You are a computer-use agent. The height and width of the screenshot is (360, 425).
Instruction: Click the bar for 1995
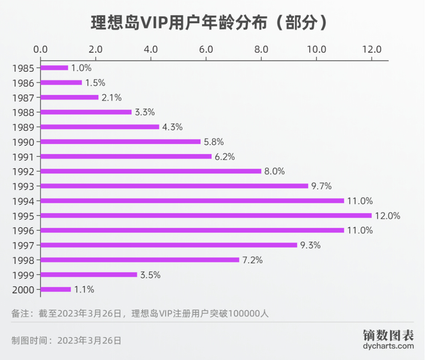206,216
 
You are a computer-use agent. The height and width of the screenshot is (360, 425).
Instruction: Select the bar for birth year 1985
55,67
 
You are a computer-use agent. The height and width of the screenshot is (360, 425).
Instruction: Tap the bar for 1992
151,171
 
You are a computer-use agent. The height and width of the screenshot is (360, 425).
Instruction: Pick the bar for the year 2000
56,290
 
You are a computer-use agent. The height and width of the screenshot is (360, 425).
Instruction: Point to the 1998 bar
140,260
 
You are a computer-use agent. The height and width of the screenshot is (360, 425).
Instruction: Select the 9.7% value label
321,186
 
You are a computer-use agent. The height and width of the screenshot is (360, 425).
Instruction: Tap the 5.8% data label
214,141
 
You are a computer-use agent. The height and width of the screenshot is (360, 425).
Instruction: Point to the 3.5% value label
150,274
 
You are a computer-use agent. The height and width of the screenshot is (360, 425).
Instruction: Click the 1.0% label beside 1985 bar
81,67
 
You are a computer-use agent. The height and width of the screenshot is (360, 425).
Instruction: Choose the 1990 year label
22,141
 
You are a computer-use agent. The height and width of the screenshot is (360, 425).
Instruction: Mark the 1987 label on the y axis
22,97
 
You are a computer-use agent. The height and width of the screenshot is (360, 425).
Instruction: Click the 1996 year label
22,231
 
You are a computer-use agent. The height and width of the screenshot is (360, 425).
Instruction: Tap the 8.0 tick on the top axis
261,49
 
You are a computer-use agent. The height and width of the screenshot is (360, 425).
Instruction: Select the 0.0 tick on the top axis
41,49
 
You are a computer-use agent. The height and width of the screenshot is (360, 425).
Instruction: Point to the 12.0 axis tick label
371,49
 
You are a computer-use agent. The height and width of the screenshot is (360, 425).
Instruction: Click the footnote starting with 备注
140,313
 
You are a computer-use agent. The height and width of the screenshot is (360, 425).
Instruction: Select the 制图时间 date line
66,341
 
